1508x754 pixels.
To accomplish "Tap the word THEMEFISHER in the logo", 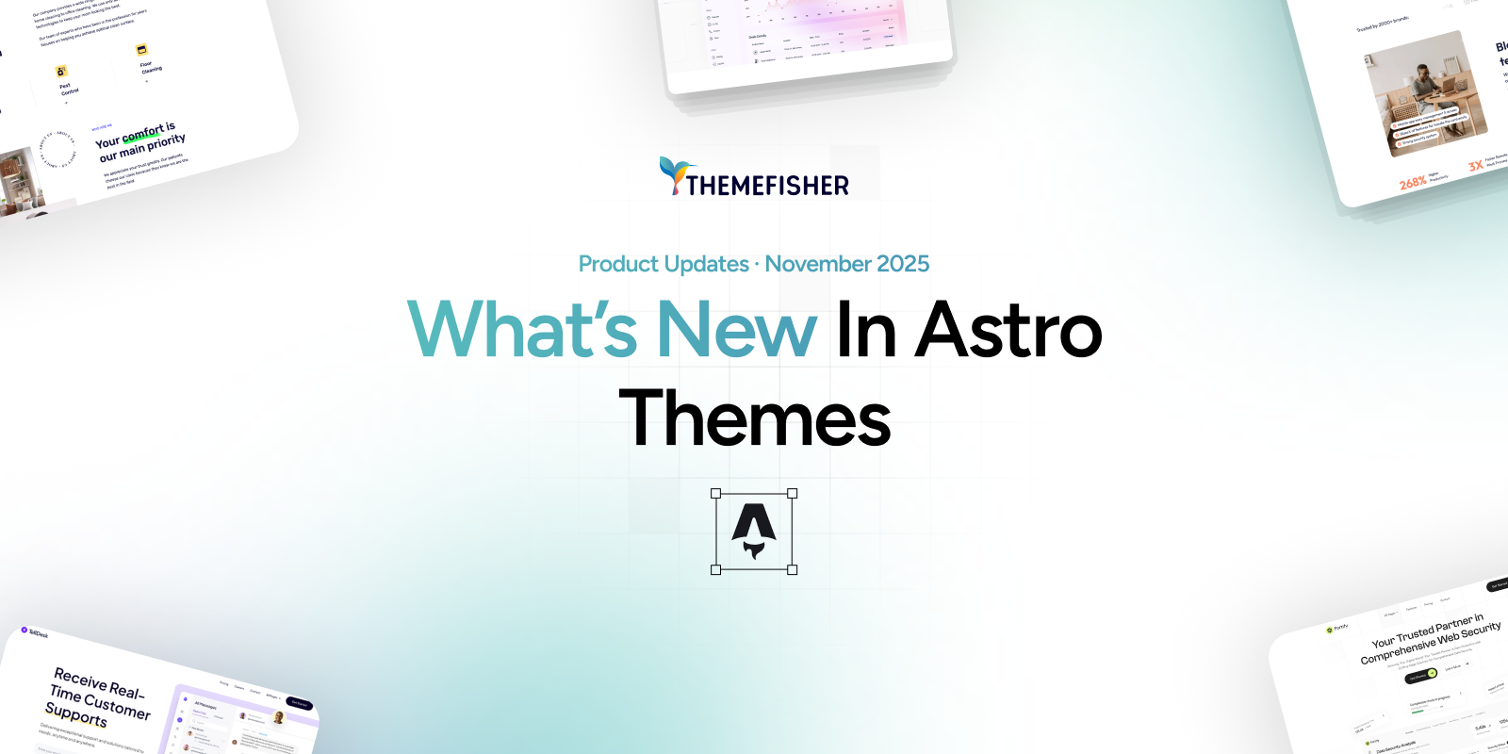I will click(767, 186).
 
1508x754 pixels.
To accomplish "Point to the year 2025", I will click(903, 264).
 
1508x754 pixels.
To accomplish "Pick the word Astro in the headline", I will click(1008, 330).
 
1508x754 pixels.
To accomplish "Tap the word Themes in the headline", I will click(754, 418).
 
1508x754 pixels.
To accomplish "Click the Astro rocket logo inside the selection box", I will click(754, 531).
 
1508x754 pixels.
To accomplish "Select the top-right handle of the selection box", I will click(793, 493).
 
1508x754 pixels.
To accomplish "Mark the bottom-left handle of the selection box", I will click(715, 570).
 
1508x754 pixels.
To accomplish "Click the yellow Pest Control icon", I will click(61, 71).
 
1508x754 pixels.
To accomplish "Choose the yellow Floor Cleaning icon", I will click(141, 50).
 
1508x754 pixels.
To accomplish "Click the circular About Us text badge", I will click(57, 150).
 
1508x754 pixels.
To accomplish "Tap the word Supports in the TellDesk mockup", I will click(75, 715).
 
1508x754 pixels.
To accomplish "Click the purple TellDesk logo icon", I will click(25, 630).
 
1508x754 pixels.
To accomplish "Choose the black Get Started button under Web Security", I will click(1419, 677).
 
